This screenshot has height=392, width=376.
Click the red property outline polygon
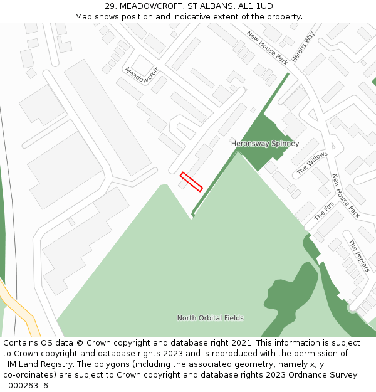click(x=191, y=182)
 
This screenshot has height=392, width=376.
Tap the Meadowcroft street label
click(x=142, y=75)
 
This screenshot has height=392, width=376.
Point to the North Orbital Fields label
click(x=210, y=318)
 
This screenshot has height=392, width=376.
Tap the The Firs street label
click(x=324, y=211)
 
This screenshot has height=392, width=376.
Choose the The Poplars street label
click(x=359, y=256)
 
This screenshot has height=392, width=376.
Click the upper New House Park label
click(x=267, y=48)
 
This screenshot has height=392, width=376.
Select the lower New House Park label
click(x=345, y=196)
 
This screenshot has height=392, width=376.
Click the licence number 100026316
click(x=26, y=386)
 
